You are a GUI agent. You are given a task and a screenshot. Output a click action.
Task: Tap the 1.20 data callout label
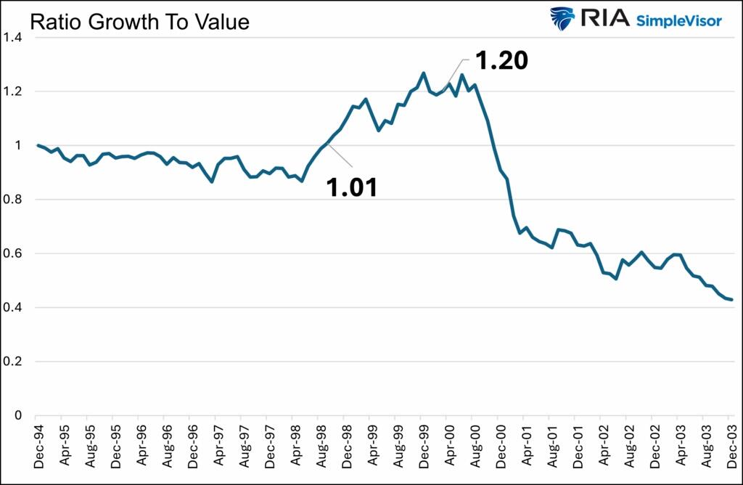coord(501,61)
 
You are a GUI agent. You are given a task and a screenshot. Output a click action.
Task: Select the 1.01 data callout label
coord(351,187)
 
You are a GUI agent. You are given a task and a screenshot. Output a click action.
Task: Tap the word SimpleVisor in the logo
coord(678,21)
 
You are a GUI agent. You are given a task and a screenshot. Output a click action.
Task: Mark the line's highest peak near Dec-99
coord(424,73)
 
